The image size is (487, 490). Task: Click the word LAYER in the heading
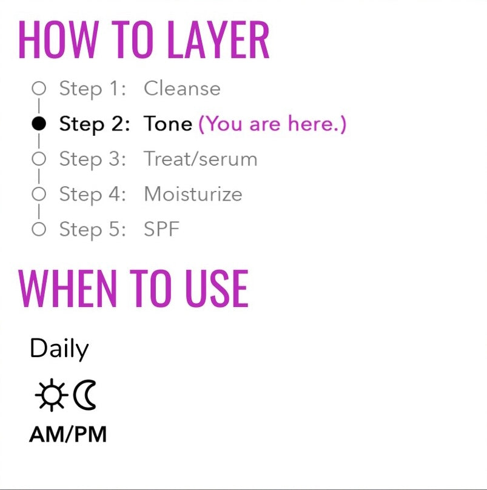218,39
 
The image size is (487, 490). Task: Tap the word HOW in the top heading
59,39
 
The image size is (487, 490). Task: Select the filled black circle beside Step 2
39,124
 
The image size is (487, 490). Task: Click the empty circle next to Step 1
39,88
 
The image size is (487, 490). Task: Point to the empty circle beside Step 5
39,229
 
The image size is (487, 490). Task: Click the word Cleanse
182,89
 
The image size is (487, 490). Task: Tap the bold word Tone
168,124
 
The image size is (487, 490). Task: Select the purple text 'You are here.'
272,124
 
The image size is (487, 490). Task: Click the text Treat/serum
200,159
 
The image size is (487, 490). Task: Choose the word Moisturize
193,194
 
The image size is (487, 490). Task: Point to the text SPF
161,229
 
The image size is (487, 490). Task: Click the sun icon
52,395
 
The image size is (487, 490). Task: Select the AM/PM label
68,434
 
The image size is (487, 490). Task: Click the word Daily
59,349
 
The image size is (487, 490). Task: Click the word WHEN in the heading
67,289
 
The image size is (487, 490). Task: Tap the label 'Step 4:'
93,194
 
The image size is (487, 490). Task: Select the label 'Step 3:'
93,159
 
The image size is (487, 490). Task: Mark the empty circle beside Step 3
39,159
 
